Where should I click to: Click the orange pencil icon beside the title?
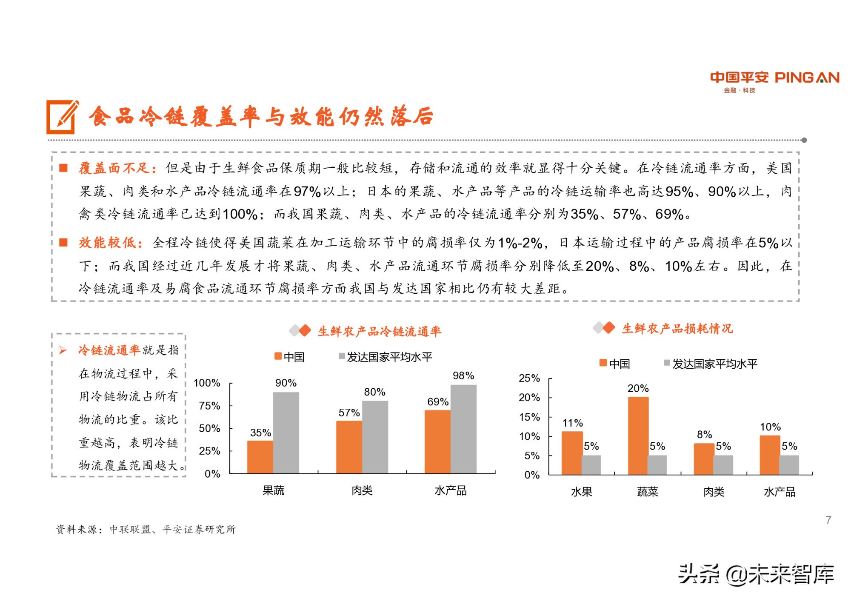(x=63, y=117)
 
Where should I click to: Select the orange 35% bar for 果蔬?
(x=260, y=456)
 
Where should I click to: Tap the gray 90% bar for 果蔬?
(x=286, y=432)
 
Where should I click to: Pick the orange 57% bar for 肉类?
(x=349, y=447)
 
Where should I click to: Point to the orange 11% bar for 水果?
(x=572, y=453)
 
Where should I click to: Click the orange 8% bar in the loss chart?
(x=704, y=459)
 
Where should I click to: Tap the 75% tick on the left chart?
(x=209, y=406)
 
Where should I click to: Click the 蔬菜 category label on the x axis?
(x=647, y=492)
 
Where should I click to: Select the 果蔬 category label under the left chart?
(x=273, y=490)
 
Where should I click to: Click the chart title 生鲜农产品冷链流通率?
(x=379, y=331)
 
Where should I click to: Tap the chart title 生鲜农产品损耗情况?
(x=677, y=329)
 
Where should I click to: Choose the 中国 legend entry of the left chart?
(x=290, y=357)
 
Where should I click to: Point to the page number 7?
(x=828, y=519)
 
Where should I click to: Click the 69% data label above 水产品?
(x=437, y=401)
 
